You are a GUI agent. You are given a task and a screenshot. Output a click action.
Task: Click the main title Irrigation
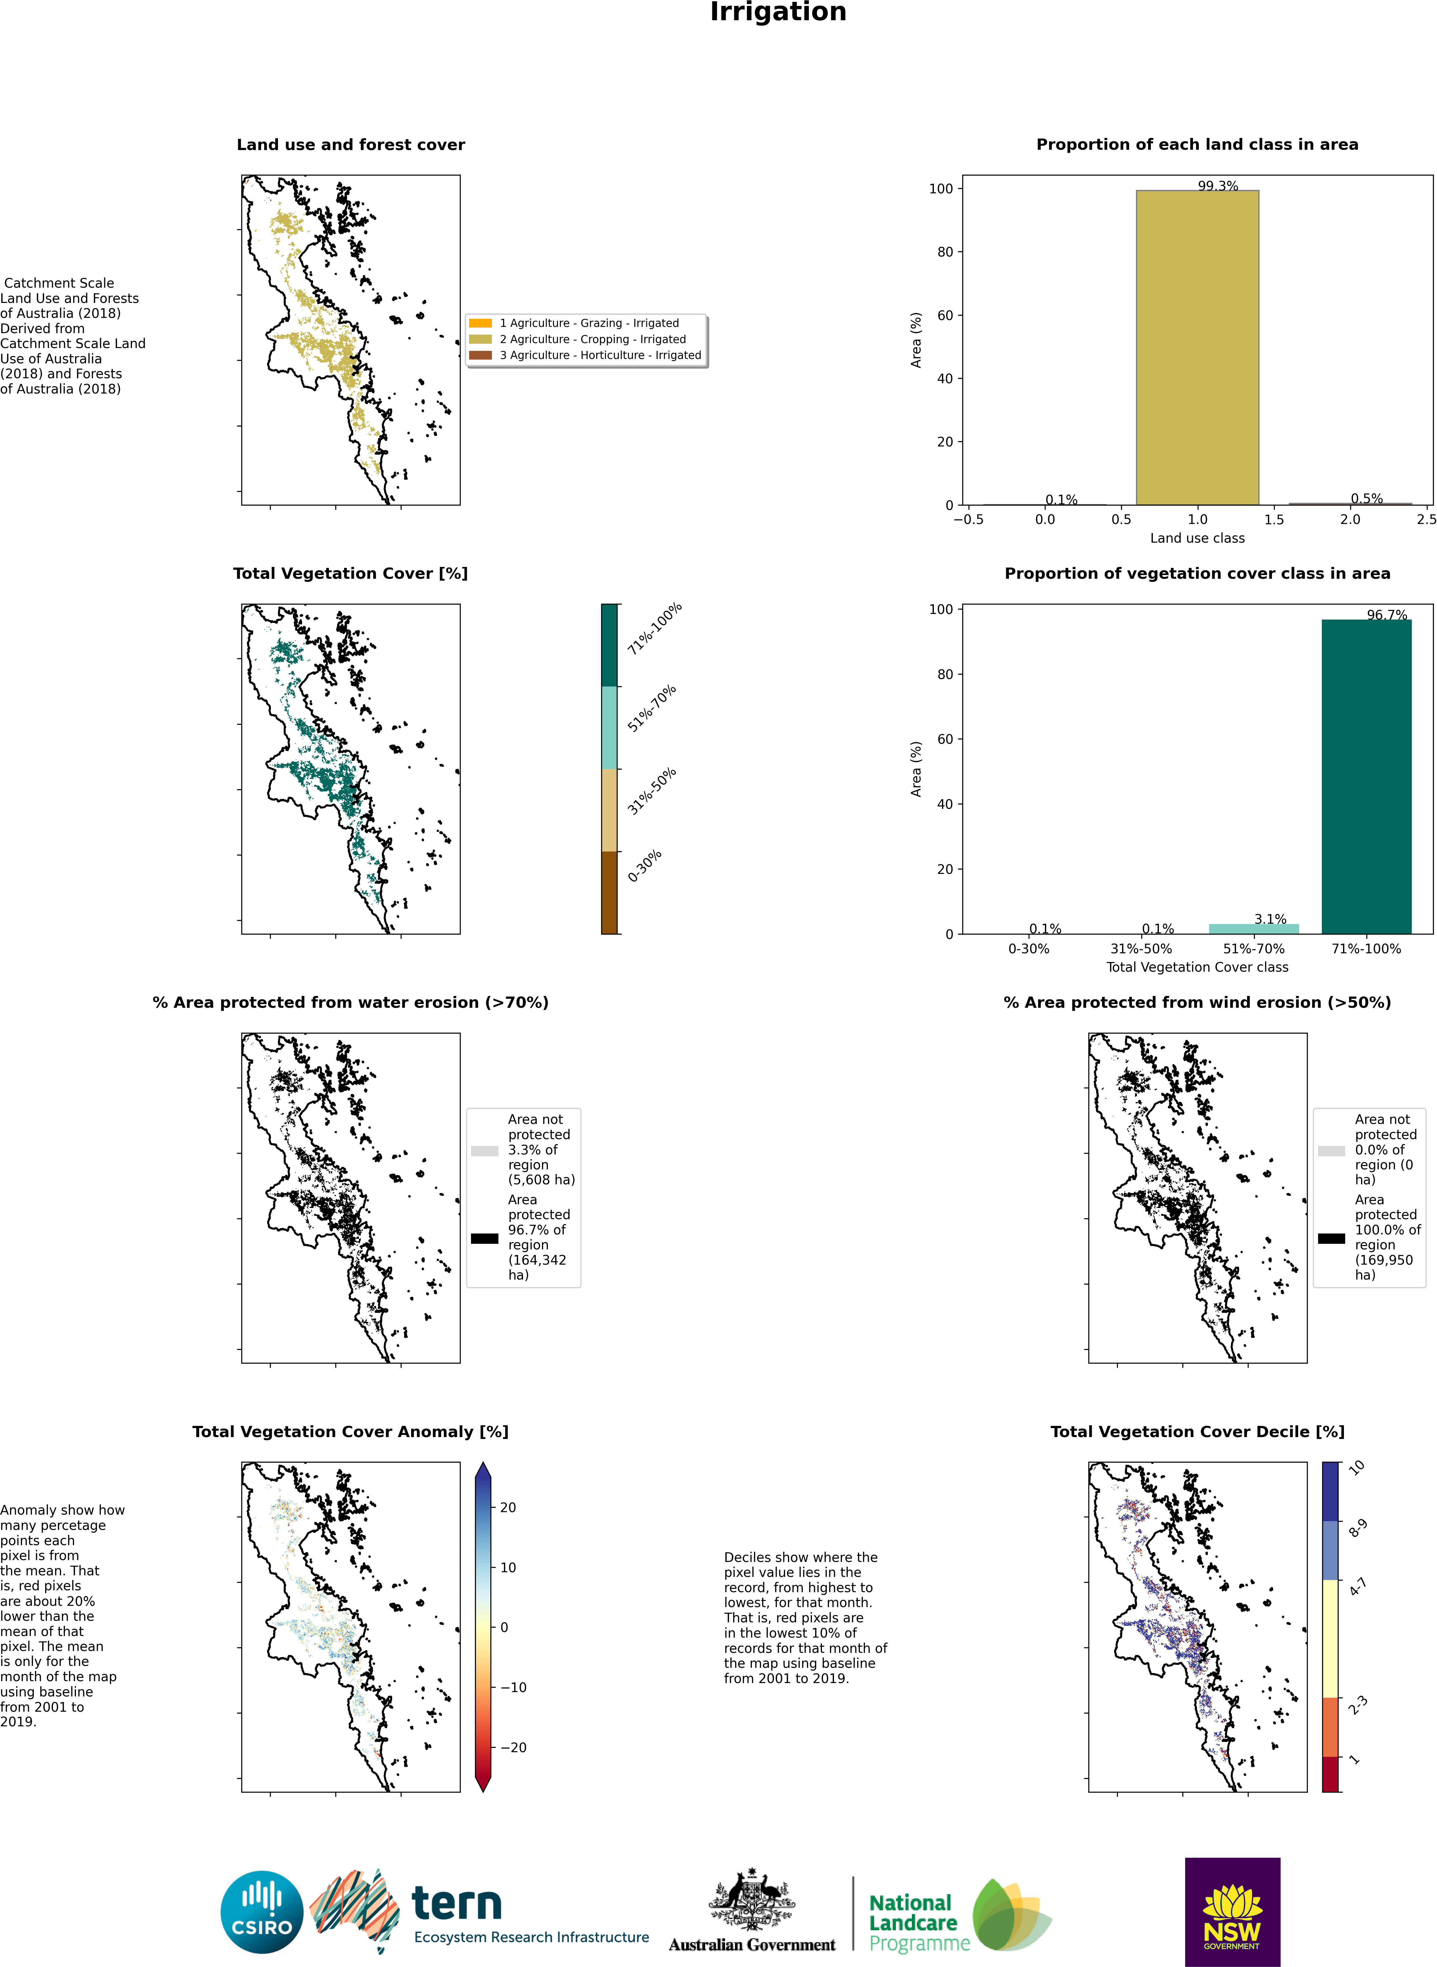(778, 12)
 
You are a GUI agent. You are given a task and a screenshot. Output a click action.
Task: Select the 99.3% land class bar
(1197, 348)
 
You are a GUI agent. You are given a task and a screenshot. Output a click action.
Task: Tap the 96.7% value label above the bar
(1387, 615)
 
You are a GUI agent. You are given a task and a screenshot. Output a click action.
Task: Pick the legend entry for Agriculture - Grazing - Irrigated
(588, 323)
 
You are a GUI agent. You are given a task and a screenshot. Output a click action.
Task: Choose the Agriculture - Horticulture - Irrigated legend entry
(599, 355)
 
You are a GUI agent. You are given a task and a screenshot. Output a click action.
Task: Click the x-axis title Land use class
(1197, 538)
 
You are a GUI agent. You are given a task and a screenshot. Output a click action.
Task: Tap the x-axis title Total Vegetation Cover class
(1197, 967)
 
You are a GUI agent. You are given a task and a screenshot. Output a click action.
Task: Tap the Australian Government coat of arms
(751, 1901)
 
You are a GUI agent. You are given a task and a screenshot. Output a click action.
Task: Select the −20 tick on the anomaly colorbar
(513, 1747)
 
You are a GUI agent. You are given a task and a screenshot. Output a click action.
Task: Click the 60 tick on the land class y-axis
(944, 315)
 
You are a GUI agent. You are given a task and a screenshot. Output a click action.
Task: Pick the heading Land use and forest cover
(351, 144)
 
